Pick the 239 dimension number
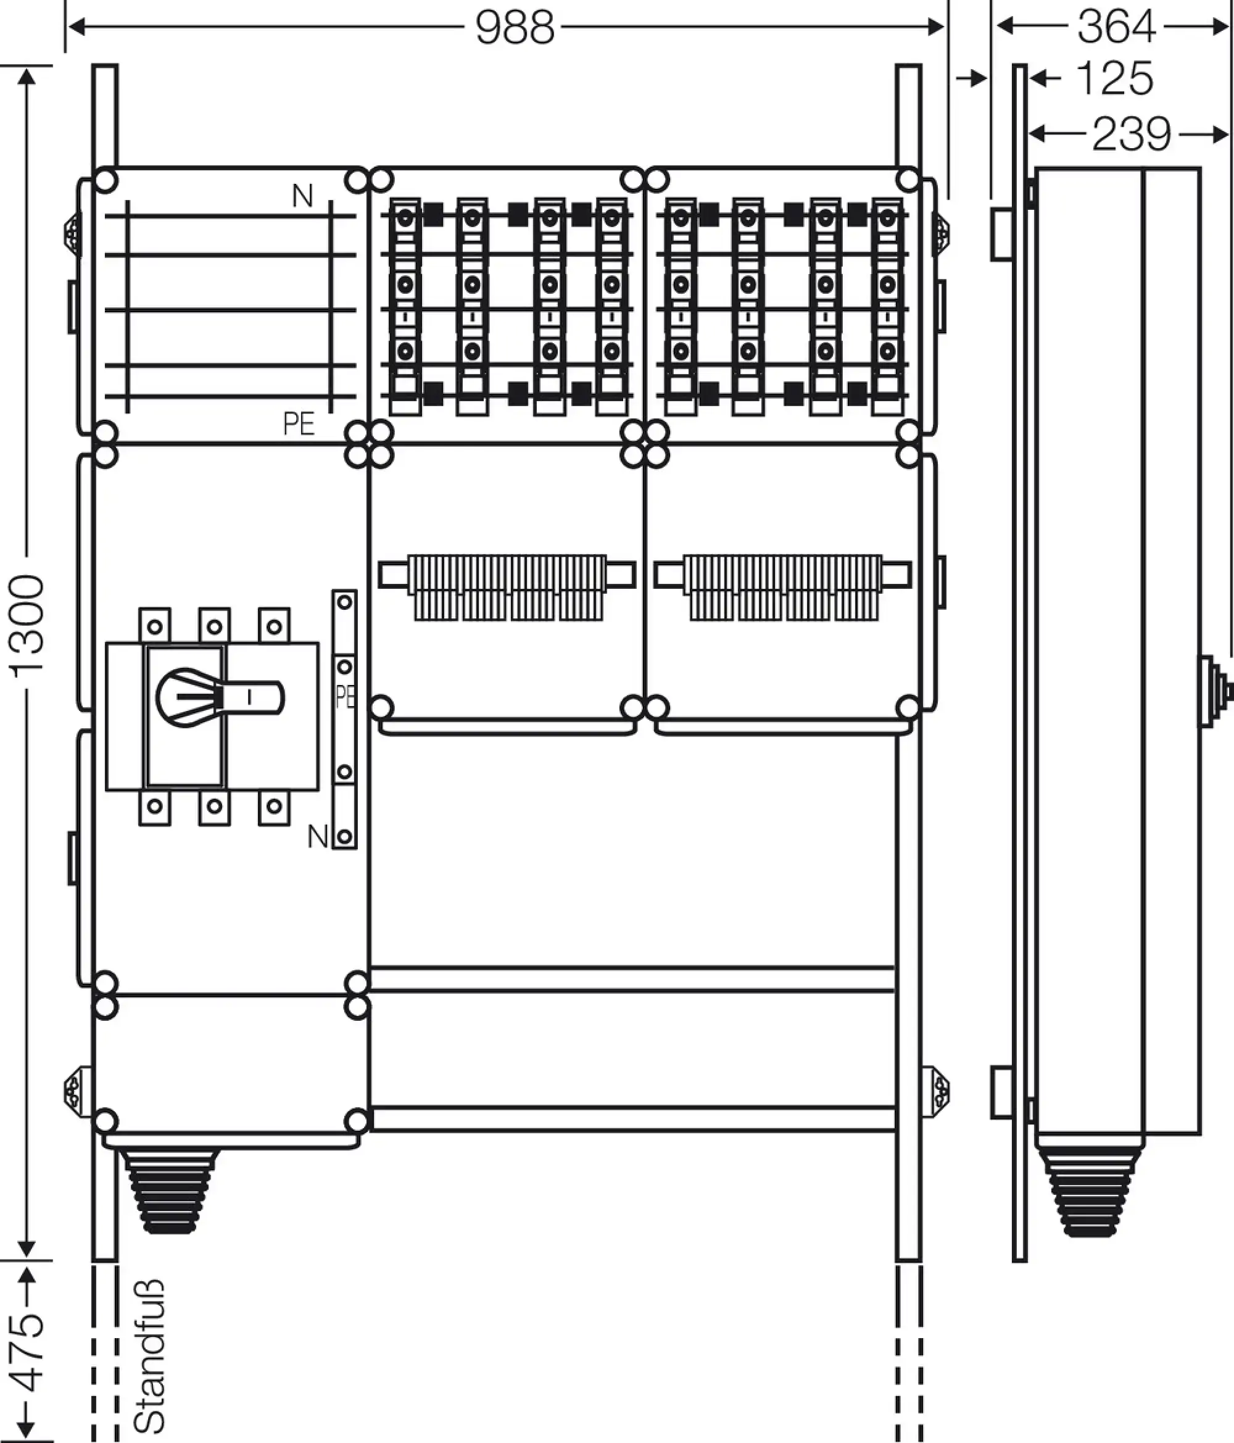(1132, 135)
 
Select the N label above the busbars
(302, 196)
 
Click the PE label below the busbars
(299, 424)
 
